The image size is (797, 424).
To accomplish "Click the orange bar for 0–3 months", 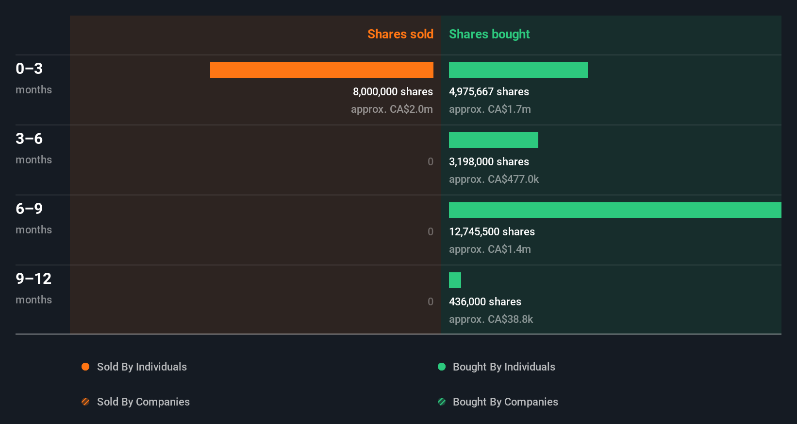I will coord(321,70).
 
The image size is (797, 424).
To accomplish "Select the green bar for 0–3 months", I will coord(518,70).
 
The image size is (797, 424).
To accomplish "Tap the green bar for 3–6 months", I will coord(493,140).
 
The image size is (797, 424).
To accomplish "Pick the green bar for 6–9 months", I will coord(614,210).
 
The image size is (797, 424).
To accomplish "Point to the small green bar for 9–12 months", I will coord(455,280).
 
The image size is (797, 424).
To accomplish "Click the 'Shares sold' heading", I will coord(400,34).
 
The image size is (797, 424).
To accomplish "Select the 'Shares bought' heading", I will coord(489,34).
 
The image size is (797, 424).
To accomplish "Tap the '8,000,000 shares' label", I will coord(393,91).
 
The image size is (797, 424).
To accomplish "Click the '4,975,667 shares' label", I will coord(489,91).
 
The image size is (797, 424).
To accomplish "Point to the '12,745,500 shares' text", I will coord(492,231).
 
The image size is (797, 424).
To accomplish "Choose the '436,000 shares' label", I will coord(485,301).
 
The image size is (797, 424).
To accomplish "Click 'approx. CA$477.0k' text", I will coord(494,179).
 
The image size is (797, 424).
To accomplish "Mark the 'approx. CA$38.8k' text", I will coord(491,319).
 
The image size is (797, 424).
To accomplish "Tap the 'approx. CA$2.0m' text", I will coord(392,109).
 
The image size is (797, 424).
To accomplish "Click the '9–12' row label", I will coord(33,279).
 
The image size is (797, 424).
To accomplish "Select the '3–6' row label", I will coord(29,139).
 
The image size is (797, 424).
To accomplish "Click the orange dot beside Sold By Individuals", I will coord(85,367).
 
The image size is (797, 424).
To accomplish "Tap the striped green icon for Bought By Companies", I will coord(442,402).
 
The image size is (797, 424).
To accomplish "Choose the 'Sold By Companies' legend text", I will coord(143,402).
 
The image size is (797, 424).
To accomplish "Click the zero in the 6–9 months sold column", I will coord(430,231).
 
